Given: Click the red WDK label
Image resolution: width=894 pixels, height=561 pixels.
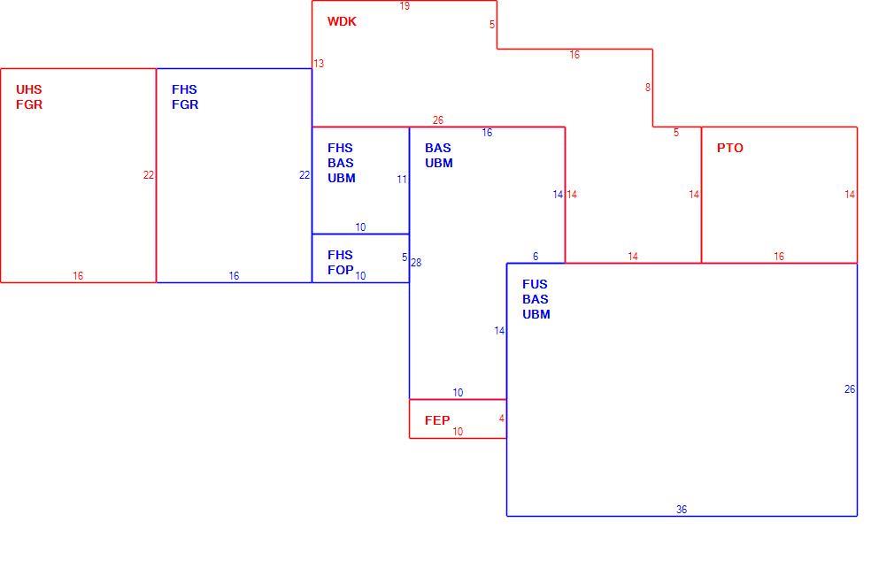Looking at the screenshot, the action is pyautogui.click(x=342, y=21).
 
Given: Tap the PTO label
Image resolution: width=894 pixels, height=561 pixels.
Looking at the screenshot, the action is pyautogui.click(x=729, y=149).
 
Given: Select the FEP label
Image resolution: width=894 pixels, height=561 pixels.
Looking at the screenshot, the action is pyautogui.click(x=437, y=421).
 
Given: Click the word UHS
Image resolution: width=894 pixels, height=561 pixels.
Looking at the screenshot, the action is pyautogui.click(x=28, y=89).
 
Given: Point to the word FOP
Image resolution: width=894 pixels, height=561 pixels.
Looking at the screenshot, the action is pyautogui.click(x=341, y=270).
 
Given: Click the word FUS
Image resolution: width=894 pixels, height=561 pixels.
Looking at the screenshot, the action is pyautogui.click(x=535, y=285).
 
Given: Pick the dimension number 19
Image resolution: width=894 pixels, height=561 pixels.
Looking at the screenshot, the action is pyautogui.click(x=405, y=6).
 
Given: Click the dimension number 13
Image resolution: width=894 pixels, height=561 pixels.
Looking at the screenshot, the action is pyautogui.click(x=319, y=64).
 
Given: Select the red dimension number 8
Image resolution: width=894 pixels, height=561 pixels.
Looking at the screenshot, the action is pyautogui.click(x=648, y=88).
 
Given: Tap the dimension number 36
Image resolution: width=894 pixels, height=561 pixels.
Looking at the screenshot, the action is pyautogui.click(x=682, y=510).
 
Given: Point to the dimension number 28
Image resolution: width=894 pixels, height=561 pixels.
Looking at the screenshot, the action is pyautogui.click(x=416, y=263).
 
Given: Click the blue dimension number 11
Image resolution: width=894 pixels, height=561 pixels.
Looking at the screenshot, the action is pyautogui.click(x=402, y=180).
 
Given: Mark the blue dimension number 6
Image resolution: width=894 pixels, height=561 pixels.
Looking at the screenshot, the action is pyautogui.click(x=536, y=257).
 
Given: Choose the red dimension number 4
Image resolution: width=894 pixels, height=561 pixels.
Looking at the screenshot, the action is pyautogui.click(x=502, y=419).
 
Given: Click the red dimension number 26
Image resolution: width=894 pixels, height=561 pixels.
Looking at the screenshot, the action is pyautogui.click(x=438, y=120).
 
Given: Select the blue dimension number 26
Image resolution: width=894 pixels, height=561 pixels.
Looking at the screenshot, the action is pyautogui.click(x=850, y=389).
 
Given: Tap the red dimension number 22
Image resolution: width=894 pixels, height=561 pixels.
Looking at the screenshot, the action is pyautogui.click(x=148, y=175).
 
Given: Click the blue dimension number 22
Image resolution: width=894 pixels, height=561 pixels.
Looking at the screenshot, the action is pyautogui.click(x=304, y=175).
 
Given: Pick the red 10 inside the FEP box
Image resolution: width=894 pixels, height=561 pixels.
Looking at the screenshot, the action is pyautogui.click(x=458, y=432).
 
